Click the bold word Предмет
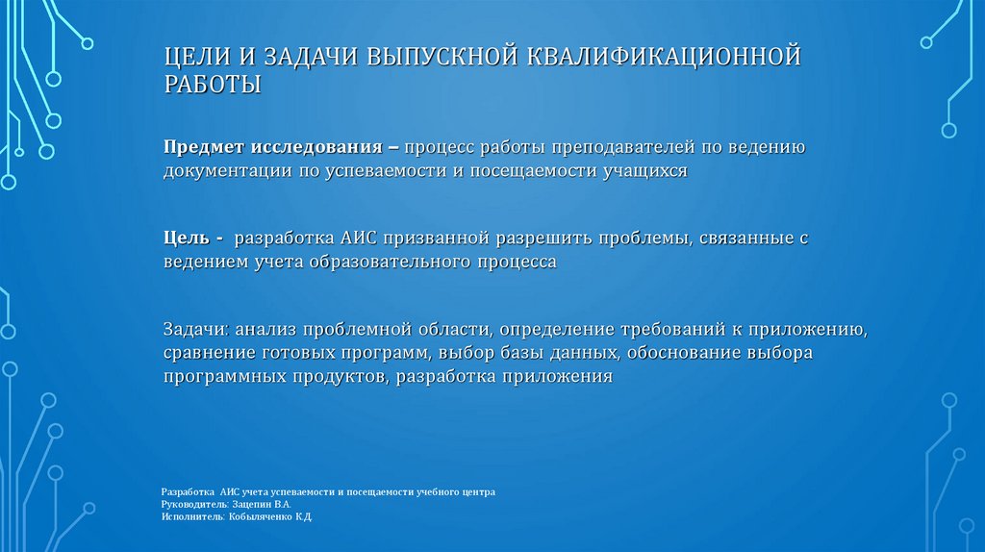[204, 148]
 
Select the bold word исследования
[317, 148]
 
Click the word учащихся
[644, 170]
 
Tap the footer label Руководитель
[194, 504]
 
